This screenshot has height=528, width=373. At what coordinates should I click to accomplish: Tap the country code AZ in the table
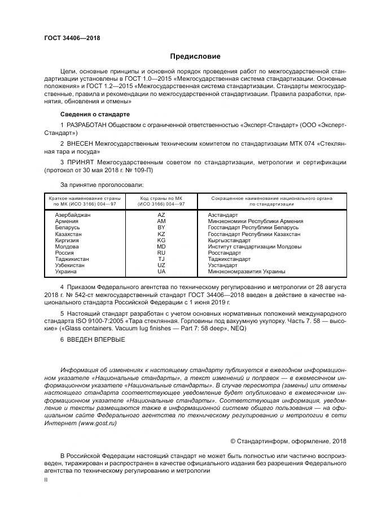point(161,215)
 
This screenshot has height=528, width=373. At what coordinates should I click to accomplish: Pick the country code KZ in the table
point(161,234)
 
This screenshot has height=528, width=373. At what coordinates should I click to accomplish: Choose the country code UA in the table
point(161,271)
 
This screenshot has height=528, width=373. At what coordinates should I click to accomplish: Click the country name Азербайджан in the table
point(72,215)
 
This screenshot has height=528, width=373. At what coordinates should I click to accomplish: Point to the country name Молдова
point(67,246)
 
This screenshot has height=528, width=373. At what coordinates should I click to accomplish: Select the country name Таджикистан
point(72,259)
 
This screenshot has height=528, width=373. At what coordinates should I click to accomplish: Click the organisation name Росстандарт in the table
point(225,252)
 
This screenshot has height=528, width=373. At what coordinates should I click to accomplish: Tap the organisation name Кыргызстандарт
point(229,240)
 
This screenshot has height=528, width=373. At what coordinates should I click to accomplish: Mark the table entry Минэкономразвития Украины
point(247,271)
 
